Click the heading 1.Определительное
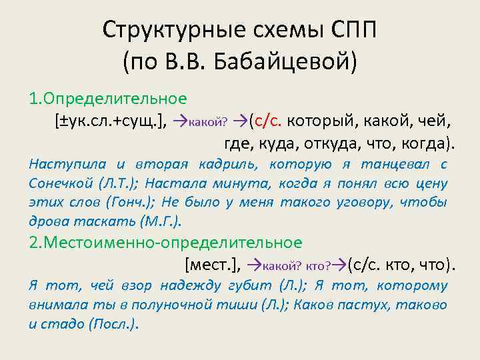point(107,99)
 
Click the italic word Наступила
point(62,164)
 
